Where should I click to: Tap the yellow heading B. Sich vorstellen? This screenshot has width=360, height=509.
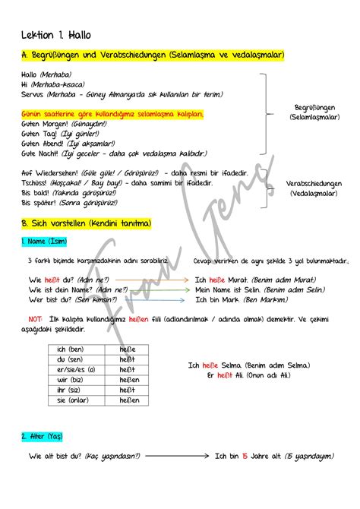tap(87, 223)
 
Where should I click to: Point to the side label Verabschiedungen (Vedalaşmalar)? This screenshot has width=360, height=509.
tap(314, 188)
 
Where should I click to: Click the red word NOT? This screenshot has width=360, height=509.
tap(35, 319)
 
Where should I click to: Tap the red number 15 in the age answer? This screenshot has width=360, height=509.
tap(245, 456)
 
